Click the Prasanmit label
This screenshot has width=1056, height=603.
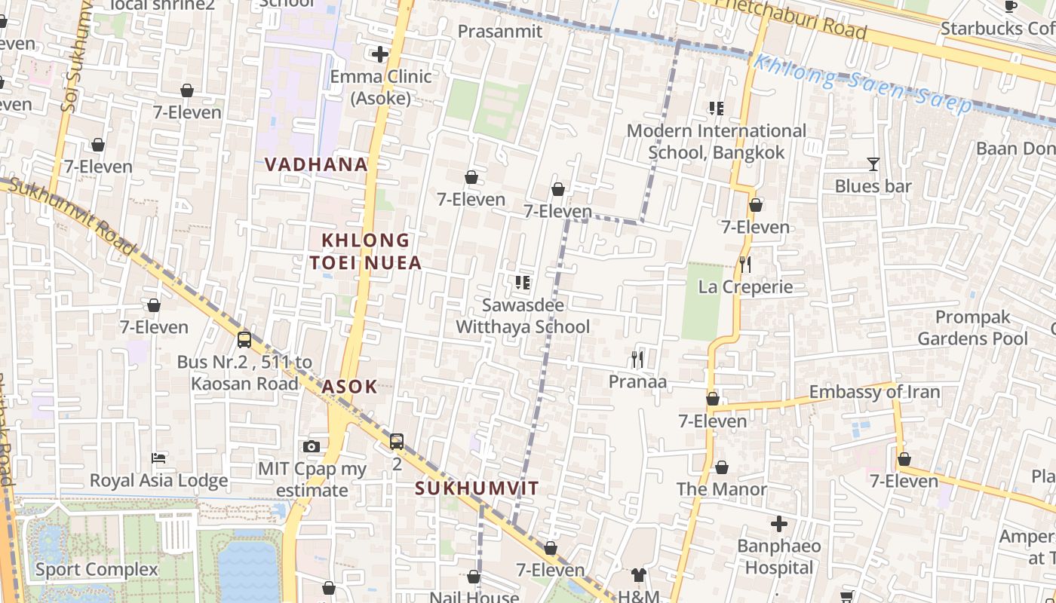pos(500,31)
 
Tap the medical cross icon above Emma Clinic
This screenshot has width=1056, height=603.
pos(380,54)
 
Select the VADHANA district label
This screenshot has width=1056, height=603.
pos(316,164)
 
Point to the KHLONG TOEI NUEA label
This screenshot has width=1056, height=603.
pos(365,251)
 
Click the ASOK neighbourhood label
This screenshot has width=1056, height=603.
pos(349,387)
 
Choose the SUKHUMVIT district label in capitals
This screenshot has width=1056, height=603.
pos(477,488)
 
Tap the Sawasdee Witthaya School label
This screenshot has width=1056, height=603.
pos(523,316)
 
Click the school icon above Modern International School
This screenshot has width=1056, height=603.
pos(716,109)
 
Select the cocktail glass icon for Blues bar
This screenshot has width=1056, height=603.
pos(873,164)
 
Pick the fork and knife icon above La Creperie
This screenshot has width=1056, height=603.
pos(745,264)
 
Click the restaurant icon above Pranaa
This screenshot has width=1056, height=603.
pos(637,360)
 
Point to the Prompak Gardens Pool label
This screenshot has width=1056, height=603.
pos(972,328)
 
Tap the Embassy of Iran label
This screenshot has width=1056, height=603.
pos(874,392)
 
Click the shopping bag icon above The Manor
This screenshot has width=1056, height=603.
pos(722,467)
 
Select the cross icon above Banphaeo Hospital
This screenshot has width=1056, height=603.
pos(779,523)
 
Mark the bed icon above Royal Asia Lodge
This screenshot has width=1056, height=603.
pos(158,458)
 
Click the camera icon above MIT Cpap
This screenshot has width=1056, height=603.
pos(312,446)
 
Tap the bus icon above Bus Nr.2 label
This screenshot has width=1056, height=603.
pos(244,339)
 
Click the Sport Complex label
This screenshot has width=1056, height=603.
pos(97,569)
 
